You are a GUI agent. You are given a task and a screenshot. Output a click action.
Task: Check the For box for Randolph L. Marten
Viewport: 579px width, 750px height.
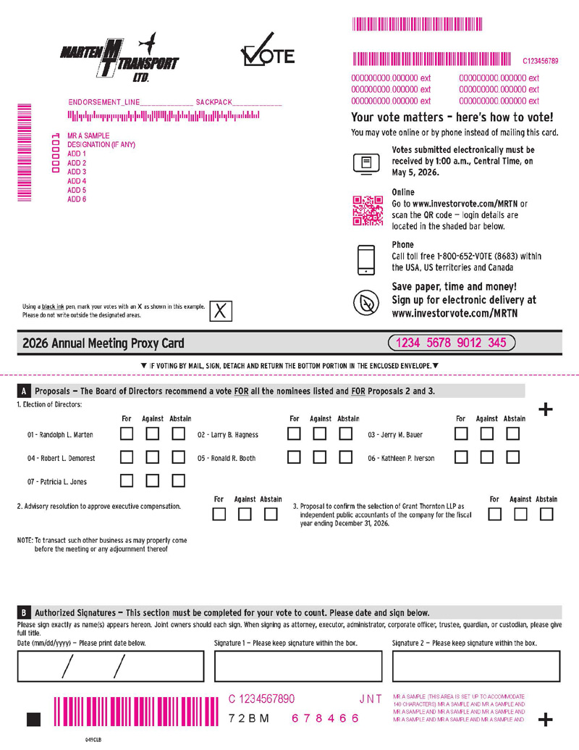tap(127, 435)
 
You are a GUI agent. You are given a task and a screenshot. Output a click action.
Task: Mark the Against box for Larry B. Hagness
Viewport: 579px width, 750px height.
tap(320, 435)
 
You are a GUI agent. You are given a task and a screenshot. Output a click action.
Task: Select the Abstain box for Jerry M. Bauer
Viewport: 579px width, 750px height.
tap(513, 435)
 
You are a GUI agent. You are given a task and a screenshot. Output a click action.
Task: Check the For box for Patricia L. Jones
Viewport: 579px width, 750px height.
tap(127, 480)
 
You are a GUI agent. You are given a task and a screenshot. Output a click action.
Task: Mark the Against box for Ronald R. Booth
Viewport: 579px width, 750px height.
tap(320, 457)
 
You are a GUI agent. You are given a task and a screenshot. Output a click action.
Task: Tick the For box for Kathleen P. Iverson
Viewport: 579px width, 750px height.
tap(461, 457)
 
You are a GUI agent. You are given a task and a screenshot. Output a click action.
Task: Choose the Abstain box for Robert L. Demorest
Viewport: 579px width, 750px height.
tap(178, 457)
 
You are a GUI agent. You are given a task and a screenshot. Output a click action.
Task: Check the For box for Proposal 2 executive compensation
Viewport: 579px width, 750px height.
tap(219, 514)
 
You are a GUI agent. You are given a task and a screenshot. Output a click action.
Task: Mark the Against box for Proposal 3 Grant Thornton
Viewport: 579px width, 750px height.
tap(520, 514)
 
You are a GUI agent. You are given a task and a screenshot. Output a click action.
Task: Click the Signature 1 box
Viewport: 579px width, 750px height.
tap(298, 667)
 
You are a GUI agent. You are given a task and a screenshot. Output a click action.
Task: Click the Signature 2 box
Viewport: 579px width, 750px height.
tap(476, 667)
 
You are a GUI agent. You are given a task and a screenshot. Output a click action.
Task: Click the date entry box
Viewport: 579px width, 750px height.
tap(101, 667)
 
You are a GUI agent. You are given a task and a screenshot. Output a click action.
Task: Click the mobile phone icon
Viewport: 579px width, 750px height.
tap(366, 259)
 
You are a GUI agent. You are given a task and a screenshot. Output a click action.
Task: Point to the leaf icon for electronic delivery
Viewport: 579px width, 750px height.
tap(366, 302)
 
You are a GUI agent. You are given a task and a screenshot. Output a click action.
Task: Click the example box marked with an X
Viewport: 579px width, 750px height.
tap(221, 311)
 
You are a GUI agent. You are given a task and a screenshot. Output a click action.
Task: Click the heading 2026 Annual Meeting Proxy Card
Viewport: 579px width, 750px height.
tap(103, 343)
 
